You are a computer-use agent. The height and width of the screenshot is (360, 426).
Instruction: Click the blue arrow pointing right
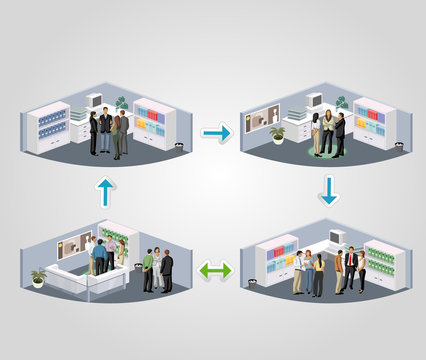coord(216,132)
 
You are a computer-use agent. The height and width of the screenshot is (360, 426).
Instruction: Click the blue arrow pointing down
coord(329,189)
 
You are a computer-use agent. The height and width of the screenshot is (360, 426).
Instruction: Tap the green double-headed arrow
coord(215,270)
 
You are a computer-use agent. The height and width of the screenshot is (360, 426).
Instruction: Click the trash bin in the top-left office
coord(179,146)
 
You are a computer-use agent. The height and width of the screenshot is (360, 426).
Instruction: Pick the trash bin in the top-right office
coord(399,146)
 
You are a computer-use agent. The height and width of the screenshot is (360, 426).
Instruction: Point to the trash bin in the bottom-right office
coord(395,284)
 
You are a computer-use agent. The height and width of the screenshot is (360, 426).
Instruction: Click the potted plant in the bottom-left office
coord(39,275)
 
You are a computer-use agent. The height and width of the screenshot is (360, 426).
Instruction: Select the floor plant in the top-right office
coord(277,132)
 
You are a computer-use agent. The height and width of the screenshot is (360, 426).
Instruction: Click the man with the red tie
coord(351,270)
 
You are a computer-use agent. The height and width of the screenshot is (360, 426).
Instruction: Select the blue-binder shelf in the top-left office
coord(50,126)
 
